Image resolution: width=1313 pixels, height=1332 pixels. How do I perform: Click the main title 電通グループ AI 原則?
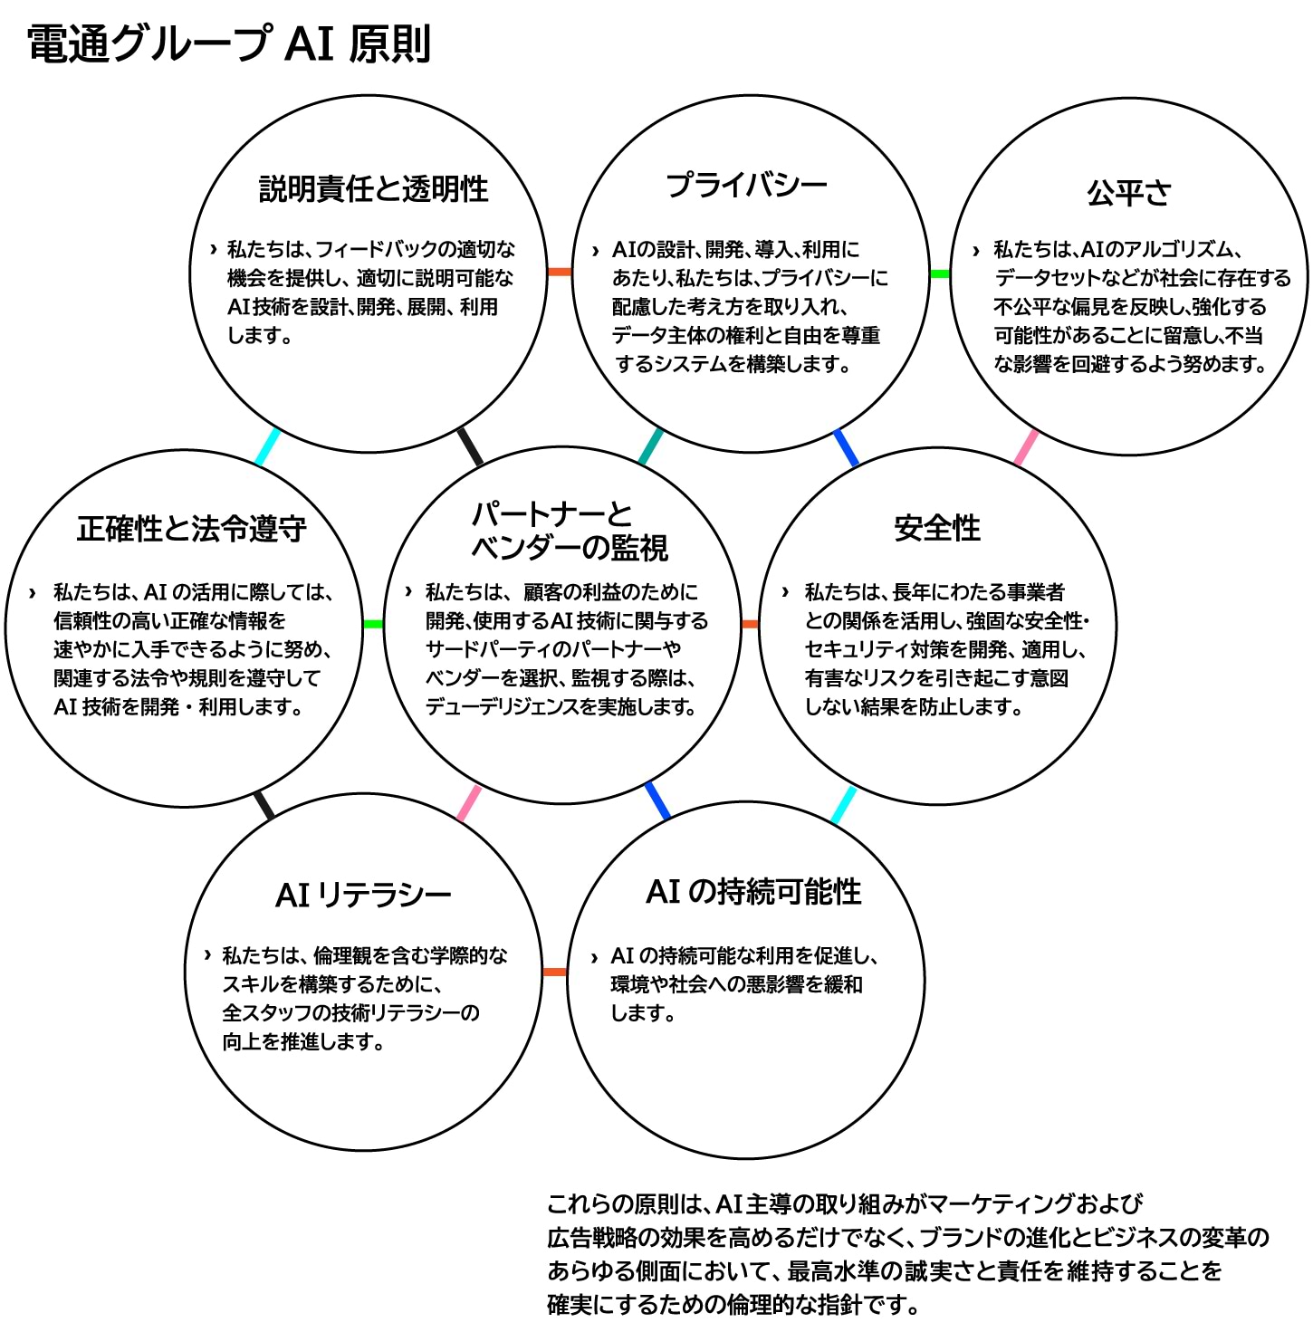coord(229,44)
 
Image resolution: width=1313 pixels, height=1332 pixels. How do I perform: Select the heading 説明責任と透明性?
coord(373,188)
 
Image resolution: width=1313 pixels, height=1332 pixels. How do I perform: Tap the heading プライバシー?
coord(746,186)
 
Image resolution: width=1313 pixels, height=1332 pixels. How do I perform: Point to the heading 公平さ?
coord(1128,192)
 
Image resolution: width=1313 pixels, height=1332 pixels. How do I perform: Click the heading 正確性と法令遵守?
coord(192,528)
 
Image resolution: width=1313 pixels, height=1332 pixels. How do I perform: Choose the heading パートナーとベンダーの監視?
coord(569,531)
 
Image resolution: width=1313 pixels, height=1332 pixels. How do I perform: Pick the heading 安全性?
coord(937,527)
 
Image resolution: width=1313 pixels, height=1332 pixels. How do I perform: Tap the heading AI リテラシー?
coord(363,895)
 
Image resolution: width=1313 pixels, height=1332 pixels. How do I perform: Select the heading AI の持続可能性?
coord(753,891)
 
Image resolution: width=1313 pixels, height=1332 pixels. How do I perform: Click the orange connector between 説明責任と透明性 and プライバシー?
coord(560,272)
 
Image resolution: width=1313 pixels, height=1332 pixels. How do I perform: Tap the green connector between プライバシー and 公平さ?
coord(940,273)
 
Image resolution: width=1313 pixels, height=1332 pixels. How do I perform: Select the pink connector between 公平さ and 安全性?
coord(1025,447)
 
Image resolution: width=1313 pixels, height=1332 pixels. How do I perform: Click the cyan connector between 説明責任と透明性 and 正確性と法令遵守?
coord(268,446)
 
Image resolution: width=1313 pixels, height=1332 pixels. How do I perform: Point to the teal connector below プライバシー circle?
coord(650,446)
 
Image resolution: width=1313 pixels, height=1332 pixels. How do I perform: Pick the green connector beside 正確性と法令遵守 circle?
coord(373,624)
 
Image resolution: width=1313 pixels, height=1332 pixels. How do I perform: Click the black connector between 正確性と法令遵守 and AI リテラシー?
coord(264,805)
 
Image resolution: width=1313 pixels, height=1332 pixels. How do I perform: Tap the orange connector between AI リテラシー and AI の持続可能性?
coord(554,972)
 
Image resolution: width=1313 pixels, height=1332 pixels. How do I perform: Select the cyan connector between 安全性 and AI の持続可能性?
coord(843,805)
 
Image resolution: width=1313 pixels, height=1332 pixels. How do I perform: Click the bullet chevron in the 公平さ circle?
coord(975,250)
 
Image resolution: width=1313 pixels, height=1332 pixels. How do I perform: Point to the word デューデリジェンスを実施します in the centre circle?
coord(560,706)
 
